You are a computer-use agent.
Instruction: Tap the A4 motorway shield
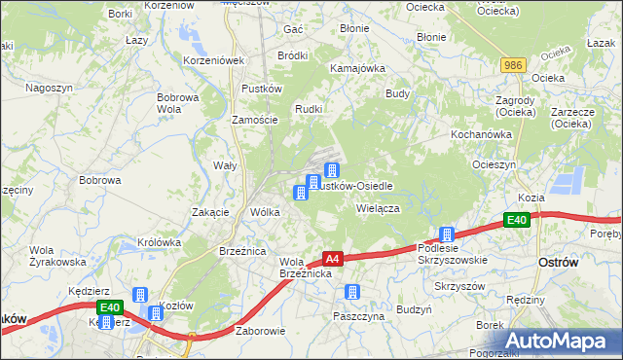pos(332,259)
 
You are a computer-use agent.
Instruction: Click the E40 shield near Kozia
pos(517,221)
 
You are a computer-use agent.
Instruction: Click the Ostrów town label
pos(559,263)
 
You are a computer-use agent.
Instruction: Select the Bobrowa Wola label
pos(178,103)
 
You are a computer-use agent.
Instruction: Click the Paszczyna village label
pos(358,316)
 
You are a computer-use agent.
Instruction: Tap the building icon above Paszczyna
pos(352,291)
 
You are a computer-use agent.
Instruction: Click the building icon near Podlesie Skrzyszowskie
pos(447,234)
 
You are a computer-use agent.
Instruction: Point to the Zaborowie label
pos(260,330)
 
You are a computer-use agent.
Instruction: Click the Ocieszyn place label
pos(494,164)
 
